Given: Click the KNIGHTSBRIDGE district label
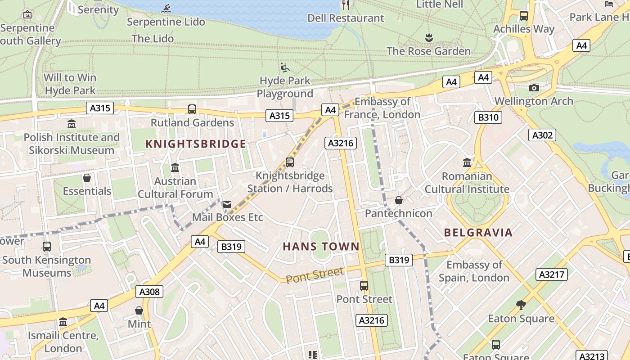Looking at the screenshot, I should pos(196,144).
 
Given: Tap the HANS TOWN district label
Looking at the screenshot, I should pos(321,247).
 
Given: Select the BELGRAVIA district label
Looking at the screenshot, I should pos(478,233).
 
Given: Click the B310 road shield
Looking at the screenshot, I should pos(488,118).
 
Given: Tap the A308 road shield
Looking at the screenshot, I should pos(149,292).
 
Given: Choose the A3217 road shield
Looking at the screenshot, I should pos(551,274).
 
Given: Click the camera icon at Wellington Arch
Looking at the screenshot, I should pos(534,88).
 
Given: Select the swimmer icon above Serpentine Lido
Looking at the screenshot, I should pos(166,8).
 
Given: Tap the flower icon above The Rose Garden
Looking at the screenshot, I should pos(429,38).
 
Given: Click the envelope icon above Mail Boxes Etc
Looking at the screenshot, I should pos(227,204).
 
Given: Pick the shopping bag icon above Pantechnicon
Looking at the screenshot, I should pos(398,200).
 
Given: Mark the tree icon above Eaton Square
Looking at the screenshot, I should pos(521,305).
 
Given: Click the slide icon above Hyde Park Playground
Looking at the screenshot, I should pos(285,67).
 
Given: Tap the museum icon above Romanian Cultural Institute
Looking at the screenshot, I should pos(467,162).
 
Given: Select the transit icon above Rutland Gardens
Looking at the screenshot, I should pos(192,109).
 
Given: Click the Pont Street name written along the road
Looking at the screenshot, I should pos(315,274).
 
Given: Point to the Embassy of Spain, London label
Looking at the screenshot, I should pos(474,271).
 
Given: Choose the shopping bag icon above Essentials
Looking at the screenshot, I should pos(87,178).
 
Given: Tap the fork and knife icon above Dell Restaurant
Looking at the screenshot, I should pos(346,5).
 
